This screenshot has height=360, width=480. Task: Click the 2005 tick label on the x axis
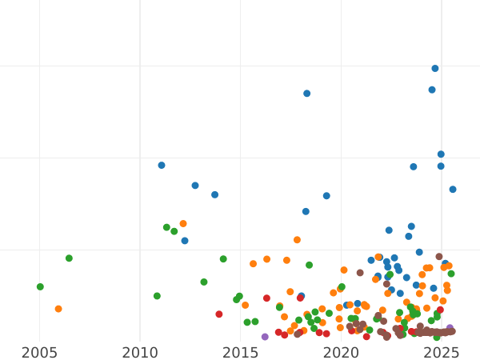pyautogui.click(x=39, y=353)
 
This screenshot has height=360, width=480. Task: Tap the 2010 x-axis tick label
pyautogui.click(x=140, y=353)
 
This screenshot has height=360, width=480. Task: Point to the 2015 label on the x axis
pyautogui.click(x=240, y=353)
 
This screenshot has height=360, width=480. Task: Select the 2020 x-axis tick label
pyautogui.click(x=341, y=353)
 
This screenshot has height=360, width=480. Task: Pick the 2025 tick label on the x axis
pyautogui.click(x=441, y=353)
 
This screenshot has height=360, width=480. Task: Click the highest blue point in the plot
pyautogui.click(x=435, y=69)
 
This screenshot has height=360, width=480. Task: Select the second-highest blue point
pyautogui.click(x=432, y=90)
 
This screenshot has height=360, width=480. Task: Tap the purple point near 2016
pyautogui.click(x=265, y=337)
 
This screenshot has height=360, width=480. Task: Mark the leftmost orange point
pyautogui.click(x=58, y=309)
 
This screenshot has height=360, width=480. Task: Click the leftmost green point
pyautogui.click(x=40, y=286)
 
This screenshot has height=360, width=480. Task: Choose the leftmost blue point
pyautogui.click(x=162, y=166)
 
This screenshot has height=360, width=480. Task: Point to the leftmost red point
pyautogui.click(x=219, y=314)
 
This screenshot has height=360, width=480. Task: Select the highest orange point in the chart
pyautogui.click(x=183, y=224)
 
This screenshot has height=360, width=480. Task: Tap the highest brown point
pyautogui.click(x=439, y=257)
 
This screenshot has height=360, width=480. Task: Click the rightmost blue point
pyautogui.click(x=453, y=190)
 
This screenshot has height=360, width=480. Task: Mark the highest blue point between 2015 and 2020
pyautogui.click(x=307, y=94)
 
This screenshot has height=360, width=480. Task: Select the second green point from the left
pyautogui.click(x=69, y=258)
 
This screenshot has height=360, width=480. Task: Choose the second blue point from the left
pyautogui.click(x=185, y=241)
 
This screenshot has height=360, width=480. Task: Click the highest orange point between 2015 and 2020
pyautogui.click(x=297, y=240)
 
